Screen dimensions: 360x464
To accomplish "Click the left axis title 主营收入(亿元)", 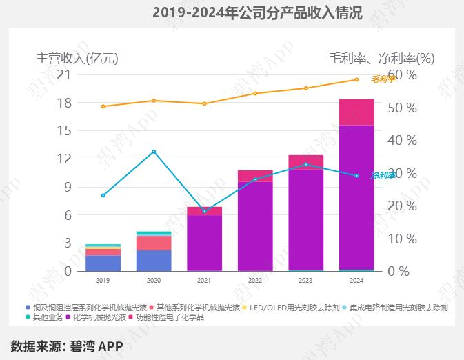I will (x=77, y=59).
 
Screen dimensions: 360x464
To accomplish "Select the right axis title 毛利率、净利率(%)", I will (x=381, y=59).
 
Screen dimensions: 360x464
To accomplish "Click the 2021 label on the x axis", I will (x=204, y=281).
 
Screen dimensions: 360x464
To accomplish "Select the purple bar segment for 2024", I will (x=356, y=197).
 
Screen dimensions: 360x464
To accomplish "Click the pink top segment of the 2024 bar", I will (x=356, y=112).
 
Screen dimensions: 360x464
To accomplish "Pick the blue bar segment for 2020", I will (x=154, y=260).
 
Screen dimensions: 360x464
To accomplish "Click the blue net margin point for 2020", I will (x=154, y=151).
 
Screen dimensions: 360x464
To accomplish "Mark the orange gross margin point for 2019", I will (x=103, y=106).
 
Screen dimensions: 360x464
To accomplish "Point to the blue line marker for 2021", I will (x=204, y=211).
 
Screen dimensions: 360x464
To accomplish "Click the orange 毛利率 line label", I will (x=383, y=79).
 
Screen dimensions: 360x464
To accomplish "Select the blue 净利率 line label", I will (x=383, y=175).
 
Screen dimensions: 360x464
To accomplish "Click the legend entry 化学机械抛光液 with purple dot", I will (x=99, y=317).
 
